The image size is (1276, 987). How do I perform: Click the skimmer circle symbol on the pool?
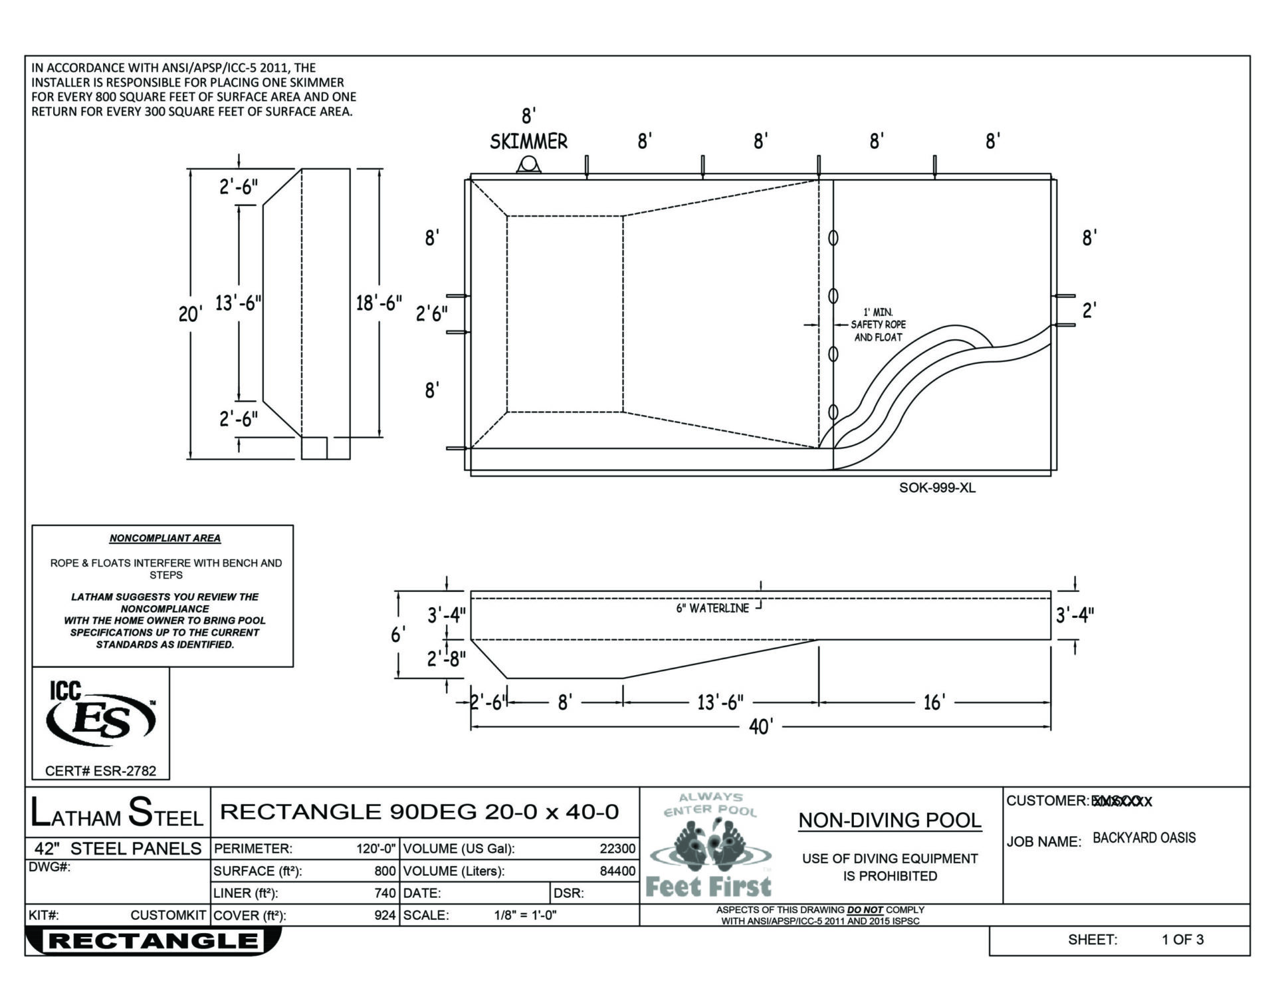(529, 164)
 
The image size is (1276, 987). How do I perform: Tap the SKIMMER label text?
(528, 142)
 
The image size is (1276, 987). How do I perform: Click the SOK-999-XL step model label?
(937, 488)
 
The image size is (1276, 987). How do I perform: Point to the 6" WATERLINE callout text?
(712, 609)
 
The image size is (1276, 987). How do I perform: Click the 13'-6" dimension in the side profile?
(720, 702)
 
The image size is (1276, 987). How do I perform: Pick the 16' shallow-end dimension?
(934, 702)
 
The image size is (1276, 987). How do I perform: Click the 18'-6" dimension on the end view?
(379, 303)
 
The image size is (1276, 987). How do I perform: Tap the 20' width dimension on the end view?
(190, 314)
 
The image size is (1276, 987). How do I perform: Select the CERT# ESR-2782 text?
(100, 772)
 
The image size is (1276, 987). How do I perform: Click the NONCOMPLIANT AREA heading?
(165, 539)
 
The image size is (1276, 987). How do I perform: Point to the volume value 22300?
(617, 849)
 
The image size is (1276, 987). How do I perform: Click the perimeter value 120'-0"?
(375, 849)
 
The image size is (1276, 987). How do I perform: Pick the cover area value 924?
(385, 916)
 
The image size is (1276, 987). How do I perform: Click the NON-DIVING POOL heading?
(889, 821)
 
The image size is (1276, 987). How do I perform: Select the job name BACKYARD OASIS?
(1144, 838)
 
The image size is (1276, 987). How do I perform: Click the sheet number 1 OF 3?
(1182, 940)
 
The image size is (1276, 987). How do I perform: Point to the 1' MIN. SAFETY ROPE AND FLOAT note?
(878, 325)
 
